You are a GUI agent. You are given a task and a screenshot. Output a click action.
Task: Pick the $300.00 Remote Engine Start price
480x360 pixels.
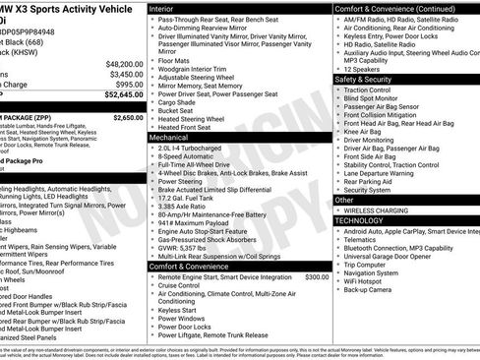click(x=317, y=277)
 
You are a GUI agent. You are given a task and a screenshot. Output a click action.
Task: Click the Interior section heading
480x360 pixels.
click(x=162, y=8)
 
